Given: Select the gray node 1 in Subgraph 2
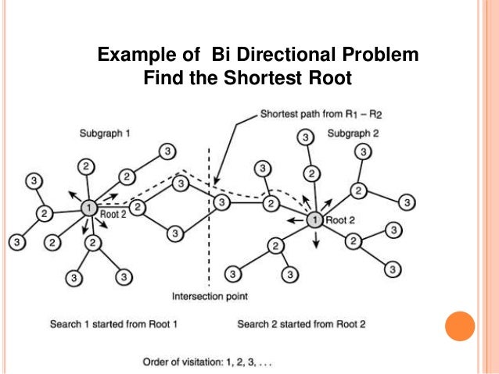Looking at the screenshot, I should coord(314,220).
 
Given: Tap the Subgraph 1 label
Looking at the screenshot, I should coord(105,134).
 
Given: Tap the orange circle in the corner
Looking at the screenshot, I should coord(460,326).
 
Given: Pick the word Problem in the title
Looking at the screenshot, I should coord(379,55).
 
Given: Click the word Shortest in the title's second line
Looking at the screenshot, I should coord(257,78).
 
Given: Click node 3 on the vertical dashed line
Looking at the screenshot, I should coord(221,203).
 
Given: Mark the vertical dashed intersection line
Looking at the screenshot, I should coord(208,250).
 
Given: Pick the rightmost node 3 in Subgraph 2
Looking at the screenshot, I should coord(407,202).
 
